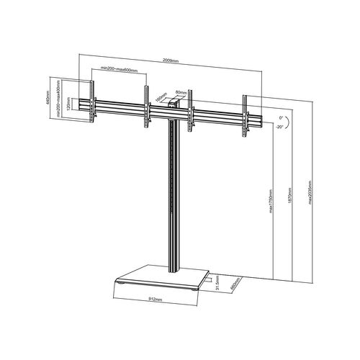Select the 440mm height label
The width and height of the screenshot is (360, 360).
pos(48,100)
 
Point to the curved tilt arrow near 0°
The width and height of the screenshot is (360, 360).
pos(287,120)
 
